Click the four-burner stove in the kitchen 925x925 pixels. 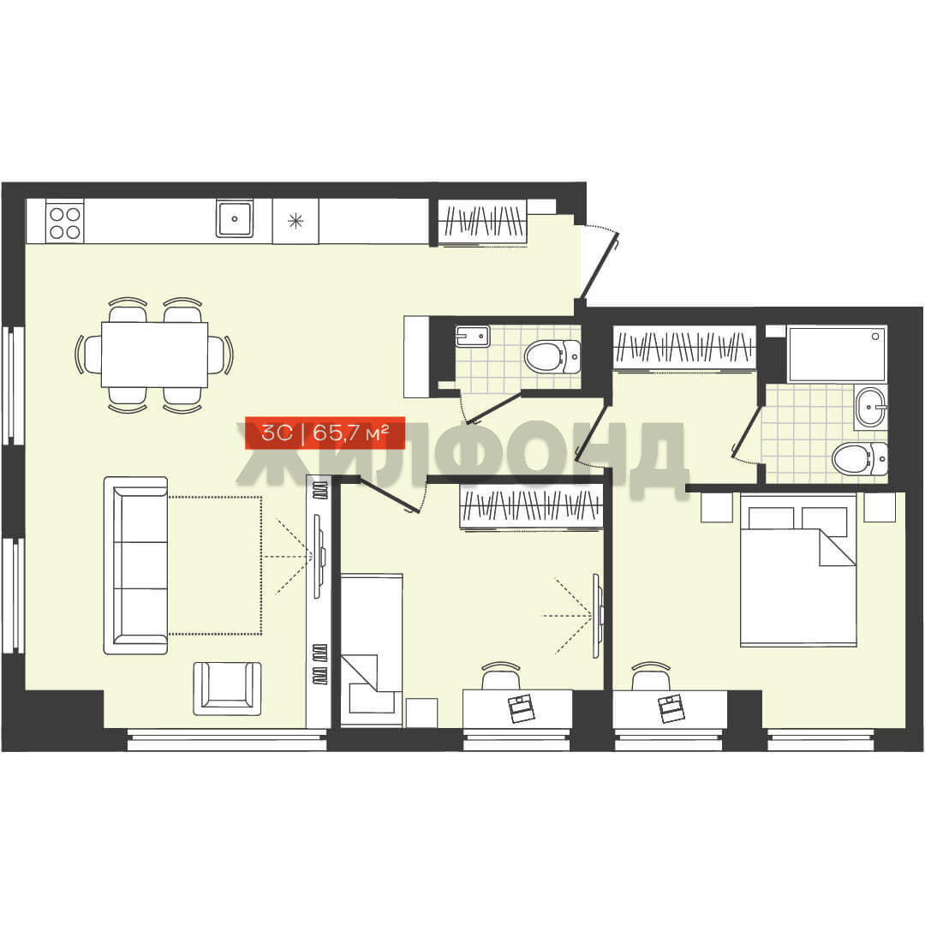coord(64,222)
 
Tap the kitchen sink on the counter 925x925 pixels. coord(234,218)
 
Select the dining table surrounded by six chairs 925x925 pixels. coord(154,354)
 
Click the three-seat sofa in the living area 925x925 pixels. coord(136,565)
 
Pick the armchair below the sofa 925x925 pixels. coord(227,689)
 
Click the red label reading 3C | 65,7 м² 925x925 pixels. coord(325,433)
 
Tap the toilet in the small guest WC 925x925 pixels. coord(552,356)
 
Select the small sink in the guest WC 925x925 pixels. coord(472,337)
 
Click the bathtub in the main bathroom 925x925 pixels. coord(837,354)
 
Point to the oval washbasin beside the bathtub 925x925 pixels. coord(870,407)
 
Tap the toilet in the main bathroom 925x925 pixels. coord(860,458)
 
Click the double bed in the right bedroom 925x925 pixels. coord(798,570)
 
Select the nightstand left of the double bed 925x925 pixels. coord(717,507)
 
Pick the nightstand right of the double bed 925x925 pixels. coord(880,507)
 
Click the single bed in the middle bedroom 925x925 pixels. coord(372,650)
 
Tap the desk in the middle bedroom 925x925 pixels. coord(517,708)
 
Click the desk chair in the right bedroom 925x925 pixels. coord(651,676)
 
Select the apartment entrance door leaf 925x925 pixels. coord(600,265)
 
